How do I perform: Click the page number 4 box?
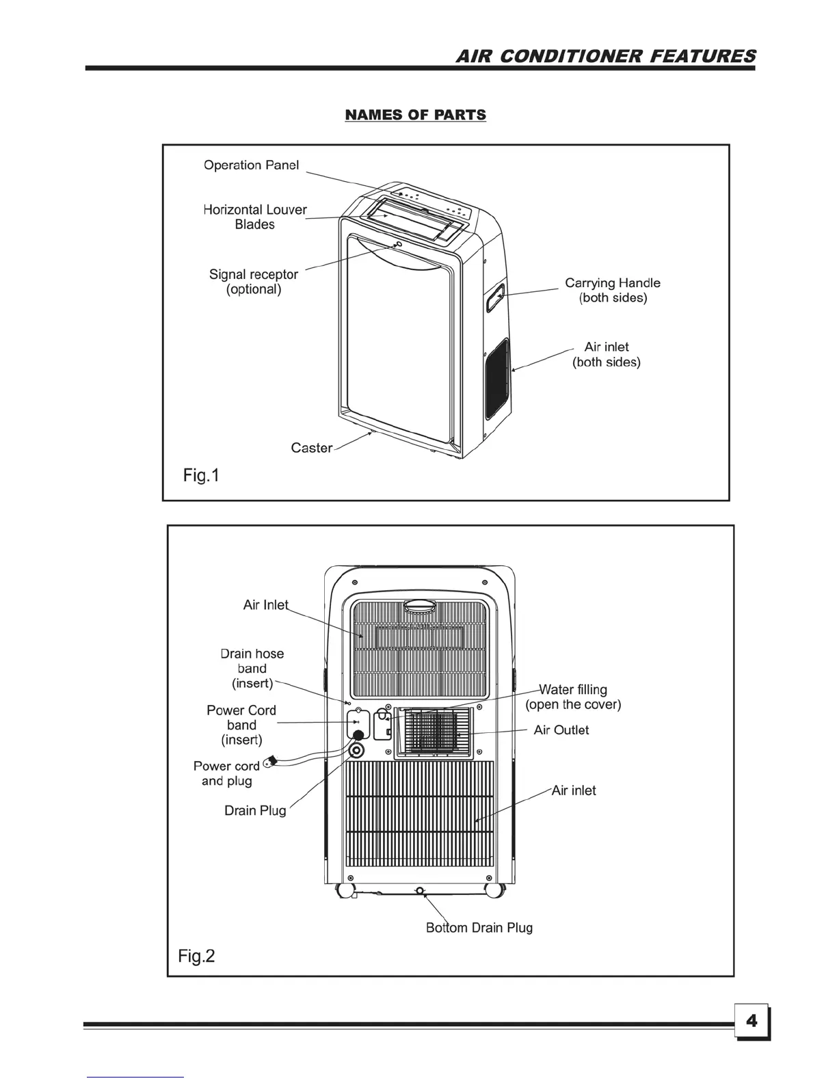[752, 1021]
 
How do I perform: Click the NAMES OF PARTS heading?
[416, 115]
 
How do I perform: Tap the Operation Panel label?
[251, 165]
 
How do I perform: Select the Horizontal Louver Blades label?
[255, 217]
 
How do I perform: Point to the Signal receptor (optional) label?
[254, 282]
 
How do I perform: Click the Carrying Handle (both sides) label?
[613, 290]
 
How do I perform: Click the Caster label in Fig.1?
[311, 448]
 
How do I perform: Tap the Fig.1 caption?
[201, 474]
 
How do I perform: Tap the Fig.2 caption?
[196, 955]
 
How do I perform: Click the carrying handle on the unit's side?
[496, 298]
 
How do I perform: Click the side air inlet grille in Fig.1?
[497, 379]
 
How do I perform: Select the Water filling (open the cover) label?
[573, 697]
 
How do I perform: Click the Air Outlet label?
[561, 730]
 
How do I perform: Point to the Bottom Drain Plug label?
[479, 928]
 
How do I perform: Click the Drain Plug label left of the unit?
[255, 811]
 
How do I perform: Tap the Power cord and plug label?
[226, 773]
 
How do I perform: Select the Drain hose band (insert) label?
[252, 669]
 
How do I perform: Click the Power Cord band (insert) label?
[241, 725]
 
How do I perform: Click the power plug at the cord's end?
[269, 762]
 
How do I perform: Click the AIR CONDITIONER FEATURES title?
[606, 56]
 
